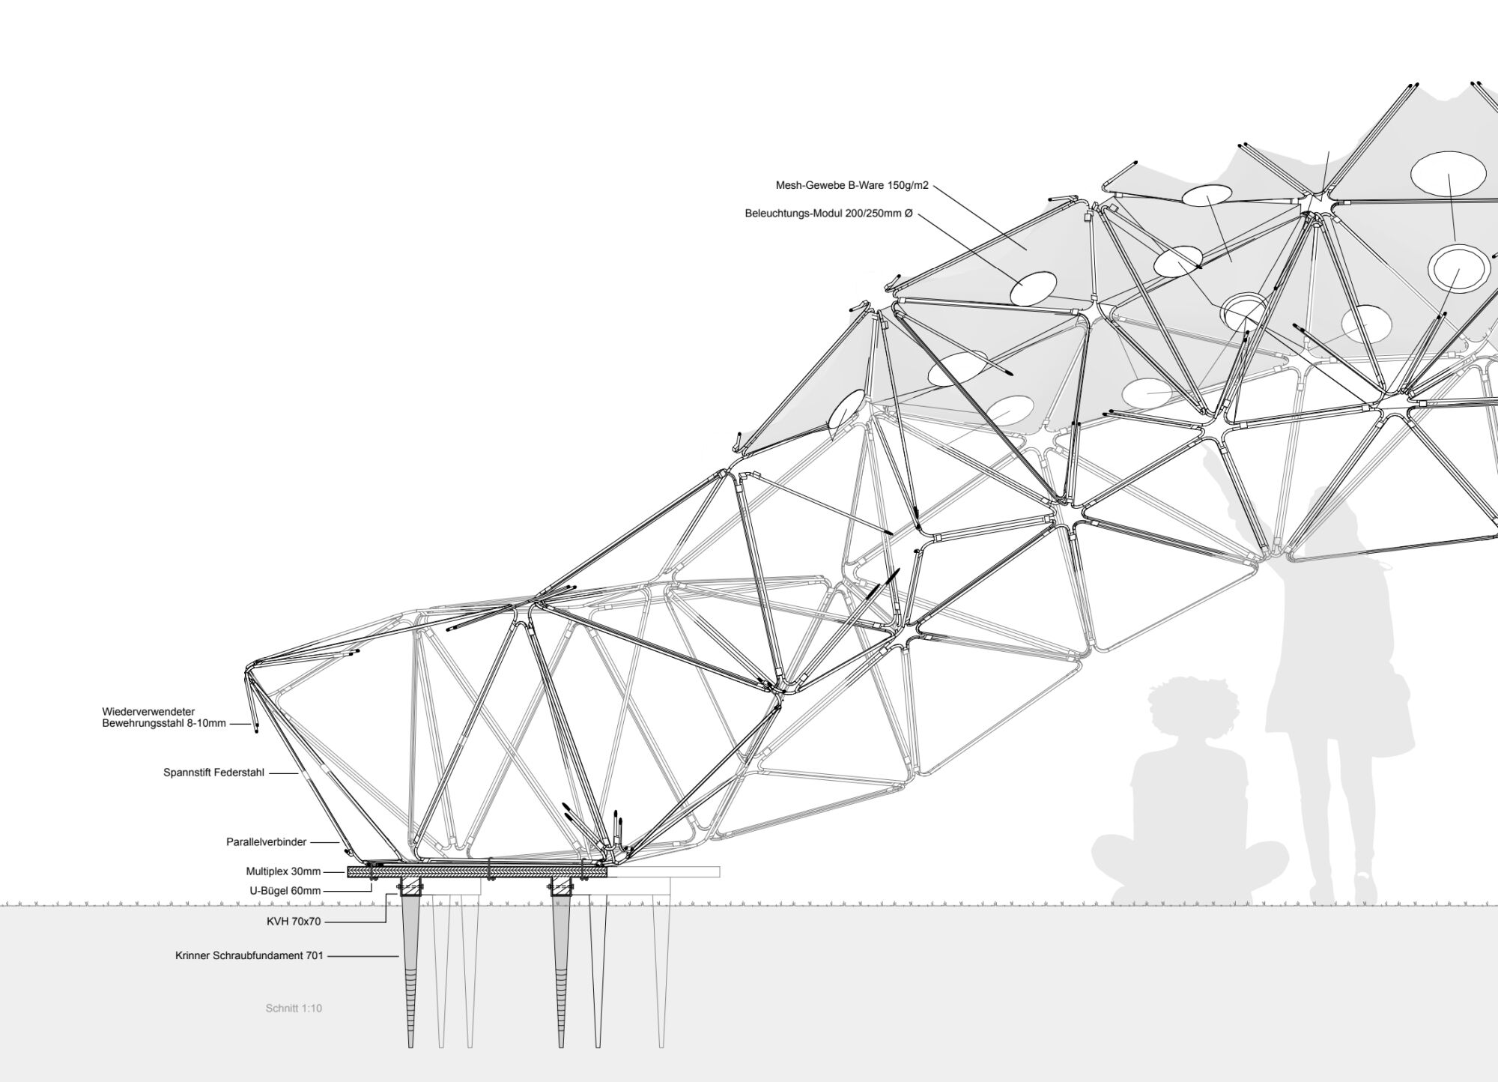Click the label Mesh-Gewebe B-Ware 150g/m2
click(x=852, y=185)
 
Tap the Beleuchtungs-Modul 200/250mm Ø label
click(x=829, y=214)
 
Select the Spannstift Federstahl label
click(x=213, y=773)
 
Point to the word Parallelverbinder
click(x=267, y=842)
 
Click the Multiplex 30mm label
click(x=283, y=871)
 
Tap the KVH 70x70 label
click(x=294, y=922)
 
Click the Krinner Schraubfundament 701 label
click(x=249, y=956)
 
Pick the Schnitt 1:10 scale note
click(x=294, y=1009)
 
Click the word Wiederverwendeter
click(x=149, y=712)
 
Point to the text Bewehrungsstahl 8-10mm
click(x=164, y=724)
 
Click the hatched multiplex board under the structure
click(x=477, y=871)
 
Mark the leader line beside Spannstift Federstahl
click(x=284, y=773)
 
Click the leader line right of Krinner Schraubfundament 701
click(x=363, y=956)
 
